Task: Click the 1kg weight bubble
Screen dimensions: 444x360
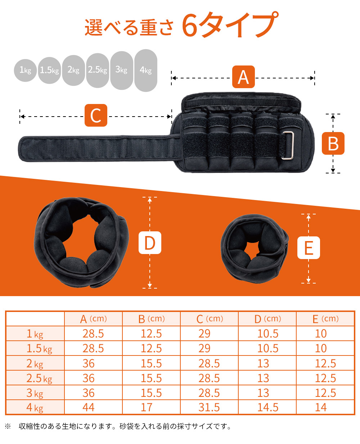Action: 25,70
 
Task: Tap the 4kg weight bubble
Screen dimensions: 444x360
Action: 146,70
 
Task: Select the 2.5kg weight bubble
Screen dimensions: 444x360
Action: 98,70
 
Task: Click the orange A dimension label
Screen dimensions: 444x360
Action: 243,77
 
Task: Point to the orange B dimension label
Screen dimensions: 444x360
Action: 333,143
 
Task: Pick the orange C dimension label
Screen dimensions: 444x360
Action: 96,115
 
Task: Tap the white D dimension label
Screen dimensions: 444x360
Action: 150,243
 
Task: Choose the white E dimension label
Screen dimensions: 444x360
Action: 309,248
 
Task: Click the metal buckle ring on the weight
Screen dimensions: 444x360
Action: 288,145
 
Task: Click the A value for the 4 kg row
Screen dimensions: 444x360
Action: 89,407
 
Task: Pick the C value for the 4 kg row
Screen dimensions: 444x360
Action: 209,407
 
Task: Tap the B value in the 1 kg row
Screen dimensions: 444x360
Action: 151,334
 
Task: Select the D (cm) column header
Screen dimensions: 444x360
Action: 267,319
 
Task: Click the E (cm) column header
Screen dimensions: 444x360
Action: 325,319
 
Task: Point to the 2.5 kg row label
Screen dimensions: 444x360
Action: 39,378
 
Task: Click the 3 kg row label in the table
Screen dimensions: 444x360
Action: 35,393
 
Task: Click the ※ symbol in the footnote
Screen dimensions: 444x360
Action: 8,426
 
